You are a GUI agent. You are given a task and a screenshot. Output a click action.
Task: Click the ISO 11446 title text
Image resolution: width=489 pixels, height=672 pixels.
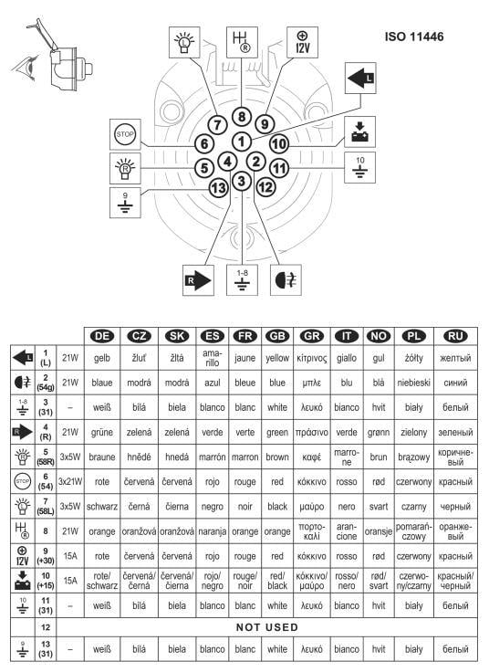(x=414, y=37)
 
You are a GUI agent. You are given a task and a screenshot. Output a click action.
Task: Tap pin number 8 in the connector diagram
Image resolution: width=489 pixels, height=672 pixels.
(x=242, y=117)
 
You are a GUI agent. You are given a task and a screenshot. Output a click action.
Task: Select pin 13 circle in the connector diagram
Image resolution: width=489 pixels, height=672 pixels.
(x=218, y=187)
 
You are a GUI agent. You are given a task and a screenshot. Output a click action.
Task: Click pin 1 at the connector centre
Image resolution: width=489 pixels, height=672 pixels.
(x=242, y=142)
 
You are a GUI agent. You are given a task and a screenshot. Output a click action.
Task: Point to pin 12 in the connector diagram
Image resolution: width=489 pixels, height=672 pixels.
(x=265, y=187)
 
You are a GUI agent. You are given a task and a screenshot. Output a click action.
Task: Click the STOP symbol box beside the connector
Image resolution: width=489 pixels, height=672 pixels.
(x=125, y=134)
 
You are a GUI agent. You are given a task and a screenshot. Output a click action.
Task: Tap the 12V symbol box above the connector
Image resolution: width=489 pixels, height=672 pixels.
(x=302, y=42)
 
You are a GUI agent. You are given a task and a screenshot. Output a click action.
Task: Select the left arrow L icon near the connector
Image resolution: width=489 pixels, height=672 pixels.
(x=360, y=78)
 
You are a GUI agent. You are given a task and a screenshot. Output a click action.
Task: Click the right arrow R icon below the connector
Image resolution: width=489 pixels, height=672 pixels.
(x=198, y=280)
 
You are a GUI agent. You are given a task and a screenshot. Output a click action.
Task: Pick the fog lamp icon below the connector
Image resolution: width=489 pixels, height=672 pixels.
(x=286, y=280)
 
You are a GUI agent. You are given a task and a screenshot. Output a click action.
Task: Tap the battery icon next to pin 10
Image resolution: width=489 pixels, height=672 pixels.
(x=360, y=132)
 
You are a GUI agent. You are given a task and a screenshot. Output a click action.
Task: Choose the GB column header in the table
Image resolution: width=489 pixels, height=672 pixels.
(x=277, y=336)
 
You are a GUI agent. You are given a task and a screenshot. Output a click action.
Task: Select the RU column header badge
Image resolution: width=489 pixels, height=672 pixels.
(x=455, y=336)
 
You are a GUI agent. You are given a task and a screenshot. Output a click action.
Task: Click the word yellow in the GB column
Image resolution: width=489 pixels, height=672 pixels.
(x=277, y=358)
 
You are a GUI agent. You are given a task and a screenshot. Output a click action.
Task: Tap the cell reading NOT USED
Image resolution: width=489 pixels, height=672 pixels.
(x=267, y=627)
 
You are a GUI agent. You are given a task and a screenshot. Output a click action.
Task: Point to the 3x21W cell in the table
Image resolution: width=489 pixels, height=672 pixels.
(x=70, y=482)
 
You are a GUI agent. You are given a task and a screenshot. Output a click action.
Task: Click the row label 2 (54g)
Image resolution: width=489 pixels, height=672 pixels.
(x=46, y=383)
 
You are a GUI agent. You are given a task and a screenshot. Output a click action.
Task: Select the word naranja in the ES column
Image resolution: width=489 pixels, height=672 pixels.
(x=213, y=531)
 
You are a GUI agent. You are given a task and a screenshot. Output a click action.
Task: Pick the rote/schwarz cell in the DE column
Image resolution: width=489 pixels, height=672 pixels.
(x=102, y=581)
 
